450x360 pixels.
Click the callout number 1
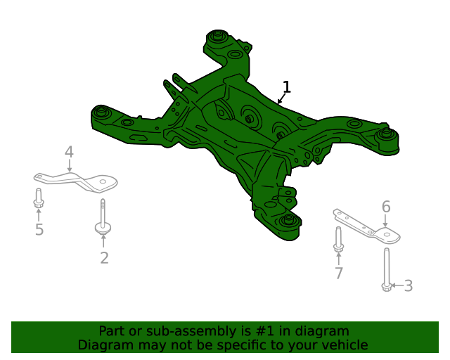click(286, 87)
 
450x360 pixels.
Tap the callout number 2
click(104, 258)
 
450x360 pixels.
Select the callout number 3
click(408, 285)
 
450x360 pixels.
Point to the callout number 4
click(69, 152)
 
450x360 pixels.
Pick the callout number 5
click(39, 229)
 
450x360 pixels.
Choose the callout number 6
click(386, 207)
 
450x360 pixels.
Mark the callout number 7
click(339, 273)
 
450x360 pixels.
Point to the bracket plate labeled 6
click(367, 225)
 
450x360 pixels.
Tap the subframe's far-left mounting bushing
click(103, 111)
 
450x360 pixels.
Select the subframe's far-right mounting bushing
click(385, 133)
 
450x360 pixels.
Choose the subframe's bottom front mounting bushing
click(288, 221)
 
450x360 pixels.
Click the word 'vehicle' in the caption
click(344, 345)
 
